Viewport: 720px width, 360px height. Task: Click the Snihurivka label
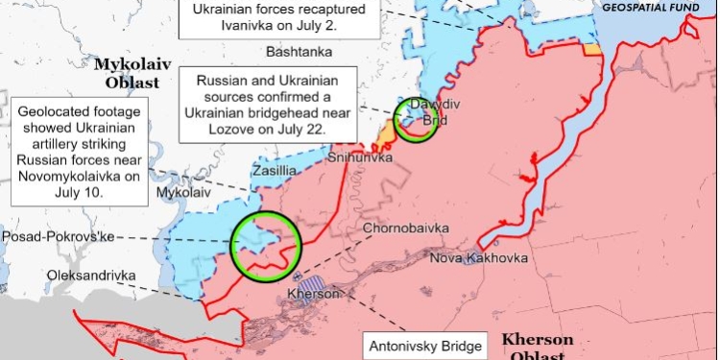(x=360, y=156)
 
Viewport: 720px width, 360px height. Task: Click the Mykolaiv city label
(x=180, y=192)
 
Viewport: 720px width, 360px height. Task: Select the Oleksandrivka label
(x=90, y=276)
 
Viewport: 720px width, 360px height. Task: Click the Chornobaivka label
(x=403, y=228)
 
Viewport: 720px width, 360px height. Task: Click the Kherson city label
(x=315, y=293)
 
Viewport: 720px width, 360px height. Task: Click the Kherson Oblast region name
(x=539, y=348)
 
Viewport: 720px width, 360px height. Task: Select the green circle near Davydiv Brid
(x=416, y=122)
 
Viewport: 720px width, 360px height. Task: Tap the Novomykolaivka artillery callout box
(x=79, y=151)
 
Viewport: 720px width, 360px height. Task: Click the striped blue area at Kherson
(x=312, y=281)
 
